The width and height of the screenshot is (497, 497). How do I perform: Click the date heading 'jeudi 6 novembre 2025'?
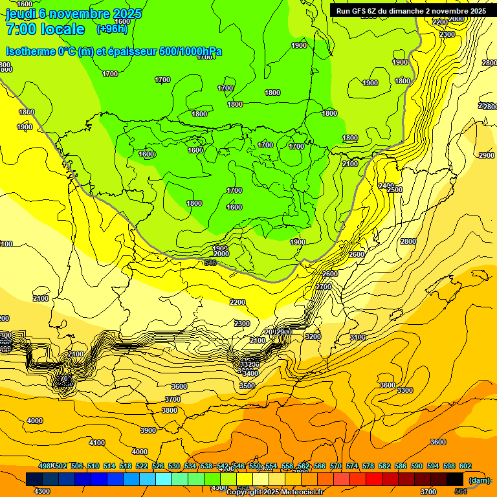[x=74, y=14]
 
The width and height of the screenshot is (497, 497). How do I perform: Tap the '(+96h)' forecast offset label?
[x=112, y=29]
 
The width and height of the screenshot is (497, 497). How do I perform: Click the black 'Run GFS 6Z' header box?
[x=411, y=10]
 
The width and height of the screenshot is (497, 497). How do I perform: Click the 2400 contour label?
[x=386, y=186]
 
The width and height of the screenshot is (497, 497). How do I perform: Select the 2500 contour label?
[x=395, y=190]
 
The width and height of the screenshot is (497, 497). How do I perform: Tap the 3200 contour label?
[x=313, y=337]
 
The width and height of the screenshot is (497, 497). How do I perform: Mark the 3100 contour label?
[x=358, y=338]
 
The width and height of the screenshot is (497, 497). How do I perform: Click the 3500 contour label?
[x=247, y=386]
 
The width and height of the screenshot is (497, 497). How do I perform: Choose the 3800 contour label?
[x=170, y=410]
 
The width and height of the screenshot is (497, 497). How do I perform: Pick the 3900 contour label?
[x=148, y=430]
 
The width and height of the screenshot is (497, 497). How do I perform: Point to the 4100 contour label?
[x=97, y=443]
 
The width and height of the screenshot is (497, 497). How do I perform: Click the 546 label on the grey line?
[x=210, y=263]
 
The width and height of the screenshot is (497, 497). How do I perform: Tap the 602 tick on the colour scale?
[x=465, y=466]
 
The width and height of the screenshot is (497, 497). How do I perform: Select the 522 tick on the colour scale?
[x=142, y=466]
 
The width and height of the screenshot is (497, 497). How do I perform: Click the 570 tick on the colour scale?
[x=336, y=466]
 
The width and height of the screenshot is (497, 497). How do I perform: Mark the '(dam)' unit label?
[x=480, y=480]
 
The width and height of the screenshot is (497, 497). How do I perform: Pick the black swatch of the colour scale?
[x=455, y=479]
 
